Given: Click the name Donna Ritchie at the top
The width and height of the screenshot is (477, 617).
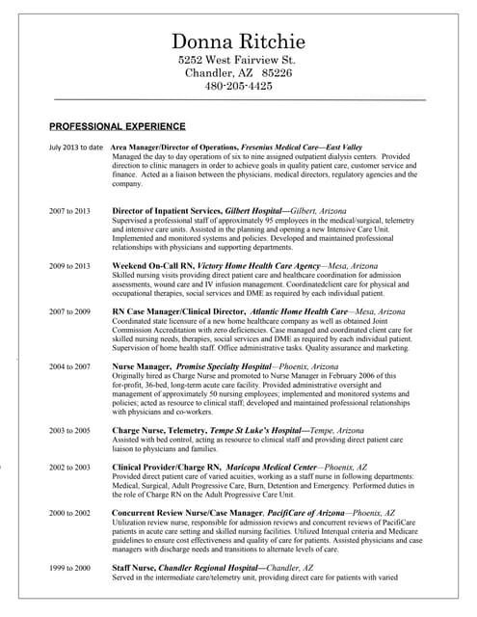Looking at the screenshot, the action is pos(238,41).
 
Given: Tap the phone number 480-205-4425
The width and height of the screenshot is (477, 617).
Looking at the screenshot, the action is pos(238,86).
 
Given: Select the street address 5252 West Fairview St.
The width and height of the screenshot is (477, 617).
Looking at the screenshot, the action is pos(238,60).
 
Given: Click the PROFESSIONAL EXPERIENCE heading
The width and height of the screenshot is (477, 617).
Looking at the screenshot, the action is pos(118,126).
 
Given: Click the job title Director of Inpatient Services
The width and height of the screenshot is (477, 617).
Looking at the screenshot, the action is pos(166,209).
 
